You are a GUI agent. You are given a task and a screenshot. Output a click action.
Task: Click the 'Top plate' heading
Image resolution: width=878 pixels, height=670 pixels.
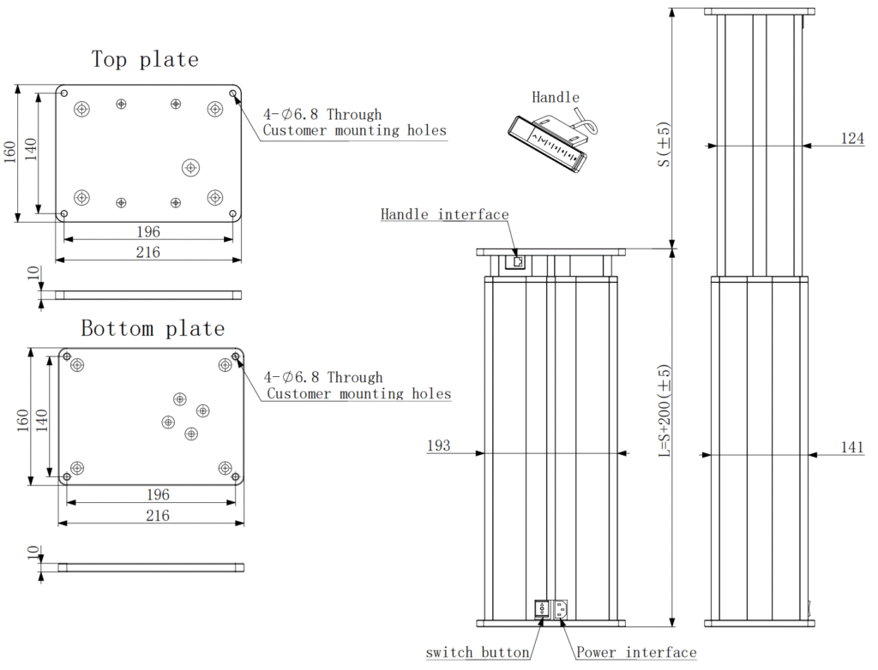[145, 59]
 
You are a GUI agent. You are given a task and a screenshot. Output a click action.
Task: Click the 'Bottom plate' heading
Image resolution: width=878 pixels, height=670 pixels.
[153, 328]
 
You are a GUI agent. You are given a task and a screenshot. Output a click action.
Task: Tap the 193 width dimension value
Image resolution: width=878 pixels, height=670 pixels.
[438, 446]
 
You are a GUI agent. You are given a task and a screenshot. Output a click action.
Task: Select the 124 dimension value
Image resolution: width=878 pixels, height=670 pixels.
[851, 138]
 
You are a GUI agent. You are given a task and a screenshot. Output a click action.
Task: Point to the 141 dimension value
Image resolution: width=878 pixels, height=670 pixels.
[851, 446]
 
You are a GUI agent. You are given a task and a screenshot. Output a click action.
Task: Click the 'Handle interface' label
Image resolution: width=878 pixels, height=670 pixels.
[444, 214]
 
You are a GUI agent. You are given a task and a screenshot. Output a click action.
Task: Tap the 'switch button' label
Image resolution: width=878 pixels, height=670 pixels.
[478, 653]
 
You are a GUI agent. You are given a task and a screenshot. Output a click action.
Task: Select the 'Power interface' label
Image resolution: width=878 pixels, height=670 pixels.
[636, 653]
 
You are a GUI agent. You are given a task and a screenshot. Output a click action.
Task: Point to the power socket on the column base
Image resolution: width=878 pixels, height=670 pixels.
[559, 609]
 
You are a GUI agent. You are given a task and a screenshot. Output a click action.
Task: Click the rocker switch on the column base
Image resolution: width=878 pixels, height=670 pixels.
[542, 609]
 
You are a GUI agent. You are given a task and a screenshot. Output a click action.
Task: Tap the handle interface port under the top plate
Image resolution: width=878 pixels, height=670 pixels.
[517, 261]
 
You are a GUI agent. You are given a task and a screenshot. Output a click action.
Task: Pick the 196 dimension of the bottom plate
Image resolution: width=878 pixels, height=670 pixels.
[158, 495]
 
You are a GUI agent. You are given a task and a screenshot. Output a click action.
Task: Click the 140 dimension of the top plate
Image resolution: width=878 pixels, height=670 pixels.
[31, 151]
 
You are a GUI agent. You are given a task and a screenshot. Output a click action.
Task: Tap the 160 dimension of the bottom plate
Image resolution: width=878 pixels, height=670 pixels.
[23, 417]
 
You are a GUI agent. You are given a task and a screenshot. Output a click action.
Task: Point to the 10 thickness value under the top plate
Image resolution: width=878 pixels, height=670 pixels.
[33, 274]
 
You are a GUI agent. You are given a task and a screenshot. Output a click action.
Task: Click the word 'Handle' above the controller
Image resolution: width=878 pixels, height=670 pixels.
[556, 98]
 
